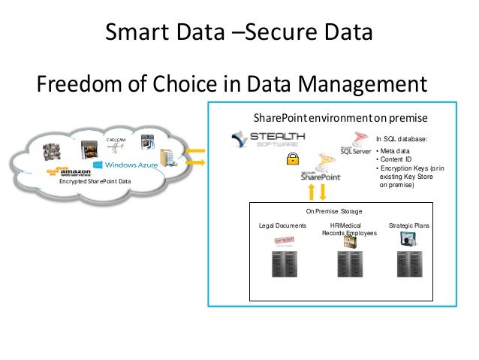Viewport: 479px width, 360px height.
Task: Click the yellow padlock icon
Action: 289,159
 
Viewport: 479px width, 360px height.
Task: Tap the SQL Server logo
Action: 355,144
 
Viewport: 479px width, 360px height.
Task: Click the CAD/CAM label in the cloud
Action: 116,139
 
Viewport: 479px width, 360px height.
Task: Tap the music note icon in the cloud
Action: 148,141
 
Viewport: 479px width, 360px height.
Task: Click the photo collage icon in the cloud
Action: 56,153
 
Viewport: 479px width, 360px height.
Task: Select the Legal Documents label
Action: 282,225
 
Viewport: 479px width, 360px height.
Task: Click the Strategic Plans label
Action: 408,225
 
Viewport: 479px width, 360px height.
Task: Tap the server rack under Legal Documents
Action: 282,265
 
